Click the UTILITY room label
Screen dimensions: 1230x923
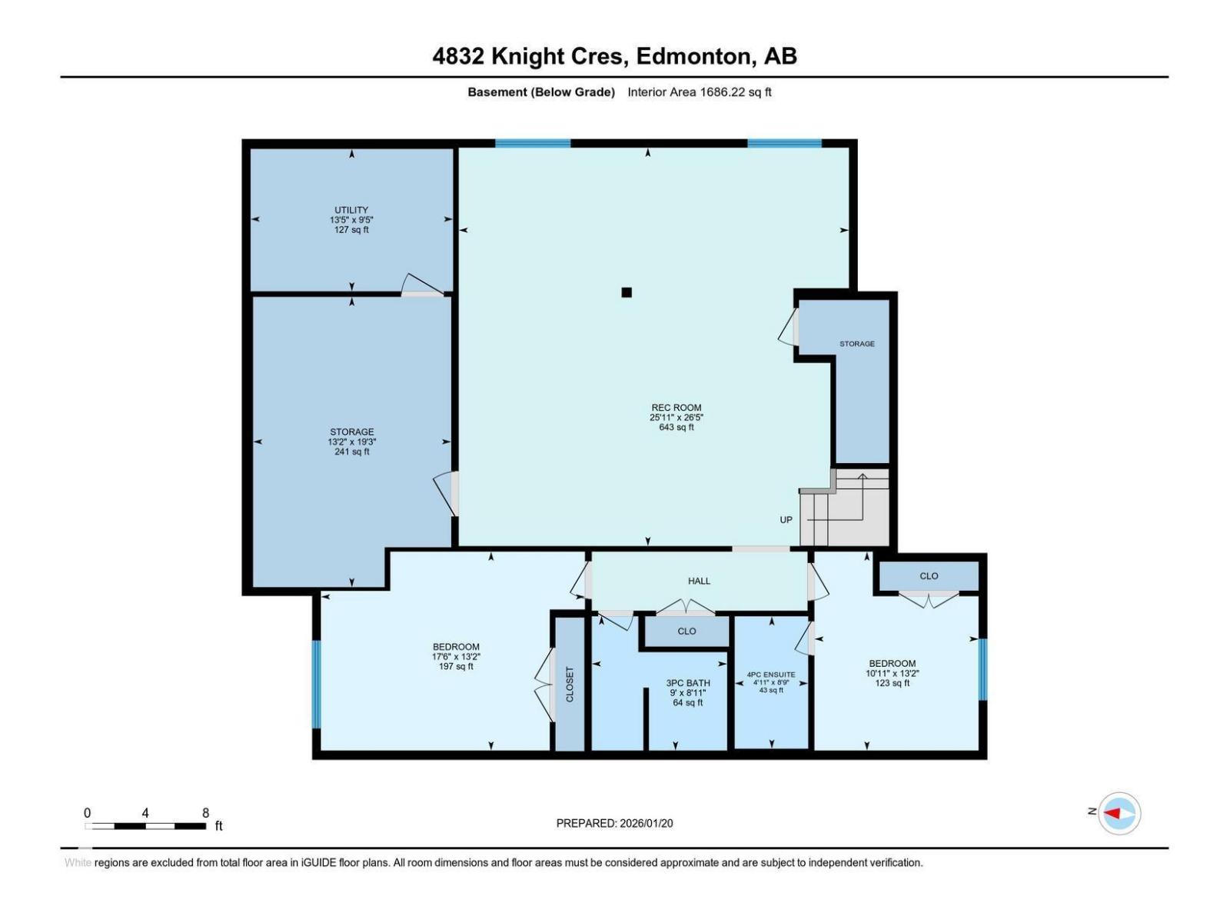coord(351,210)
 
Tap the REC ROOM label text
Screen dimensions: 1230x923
coord(676,408)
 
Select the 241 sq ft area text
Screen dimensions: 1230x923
coord(351,452)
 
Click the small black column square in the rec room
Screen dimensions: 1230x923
coord(627,292)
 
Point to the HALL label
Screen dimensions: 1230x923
coord(699,581)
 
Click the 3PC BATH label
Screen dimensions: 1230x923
coord(687,683)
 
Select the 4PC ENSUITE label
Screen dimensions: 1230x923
coord(771,675)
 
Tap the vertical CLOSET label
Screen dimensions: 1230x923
coord(570,684)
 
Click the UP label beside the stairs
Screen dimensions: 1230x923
coord(786,520)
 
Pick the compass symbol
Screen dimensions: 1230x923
coord(1119,813)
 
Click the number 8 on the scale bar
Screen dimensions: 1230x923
coord(206,812)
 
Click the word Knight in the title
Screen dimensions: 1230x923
coord(527,57)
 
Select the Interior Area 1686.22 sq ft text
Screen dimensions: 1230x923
coord(699,92)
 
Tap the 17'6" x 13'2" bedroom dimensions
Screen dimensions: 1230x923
coord(456,657)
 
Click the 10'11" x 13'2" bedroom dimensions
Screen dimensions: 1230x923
coord(892,674)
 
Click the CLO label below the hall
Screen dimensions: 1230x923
coord(686,631)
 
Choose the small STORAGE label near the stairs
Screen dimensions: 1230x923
coord(857,344)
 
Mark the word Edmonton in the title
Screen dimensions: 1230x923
coord(693,57)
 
